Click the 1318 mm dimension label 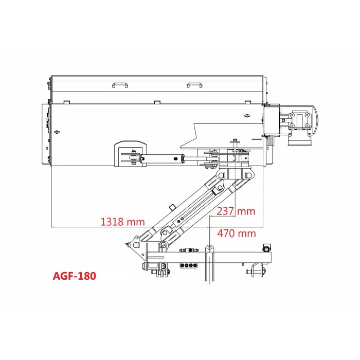point(122,222)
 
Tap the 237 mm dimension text point(236,211)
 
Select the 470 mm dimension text point(236,233)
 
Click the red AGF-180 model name point(74,276)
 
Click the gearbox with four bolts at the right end point(299,120)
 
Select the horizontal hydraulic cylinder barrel point(163,159)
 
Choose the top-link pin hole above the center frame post point(209,250)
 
